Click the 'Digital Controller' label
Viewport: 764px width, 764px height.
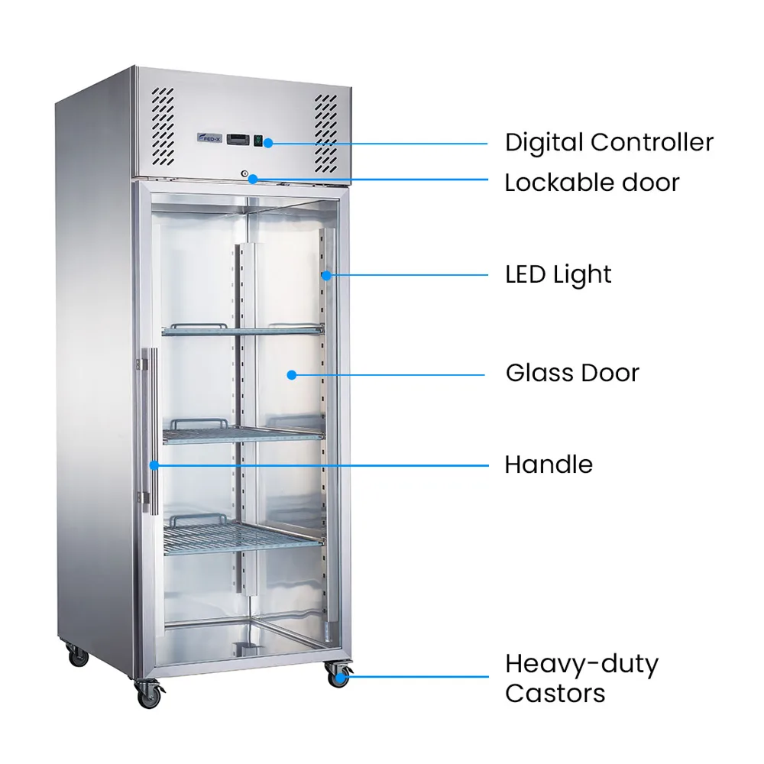(609, 143)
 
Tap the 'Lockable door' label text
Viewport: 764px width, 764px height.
(592, 183)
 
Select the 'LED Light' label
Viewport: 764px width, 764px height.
(558, 275)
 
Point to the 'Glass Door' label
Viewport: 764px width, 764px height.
(572, 374)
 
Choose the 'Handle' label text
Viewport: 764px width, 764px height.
(549, 465)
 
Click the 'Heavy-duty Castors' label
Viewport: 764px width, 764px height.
(581, 678)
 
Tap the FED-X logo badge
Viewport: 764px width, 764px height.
(209, 138)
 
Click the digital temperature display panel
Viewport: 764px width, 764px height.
(238, 139)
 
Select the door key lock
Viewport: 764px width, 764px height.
(244, 174)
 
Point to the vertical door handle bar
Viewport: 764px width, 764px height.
(153, 431)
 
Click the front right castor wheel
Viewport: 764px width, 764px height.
(338, 675)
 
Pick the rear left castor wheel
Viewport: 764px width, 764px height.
(78, 657)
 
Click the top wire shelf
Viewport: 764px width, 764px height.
(243, 330)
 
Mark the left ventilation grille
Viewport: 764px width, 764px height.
(163, 126)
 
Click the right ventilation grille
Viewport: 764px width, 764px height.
(325, 133)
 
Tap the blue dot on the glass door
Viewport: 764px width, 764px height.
(292, 374)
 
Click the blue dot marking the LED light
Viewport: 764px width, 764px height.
(326, 275)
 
